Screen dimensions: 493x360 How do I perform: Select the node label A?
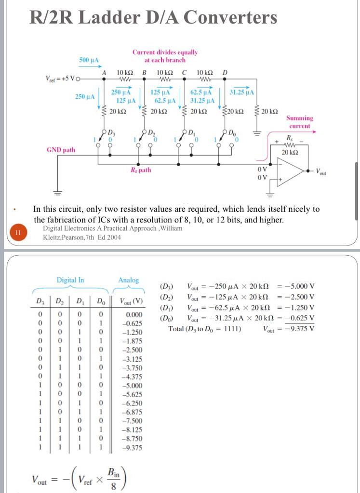pos(104,72)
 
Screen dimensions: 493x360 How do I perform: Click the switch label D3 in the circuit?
pos(111,132)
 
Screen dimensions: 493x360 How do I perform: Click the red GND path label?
pos(61,150)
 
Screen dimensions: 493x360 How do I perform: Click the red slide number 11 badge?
pos(17,233)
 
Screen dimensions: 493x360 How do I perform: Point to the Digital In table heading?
pos(70,280)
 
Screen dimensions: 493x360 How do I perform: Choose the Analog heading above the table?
pos(128,280)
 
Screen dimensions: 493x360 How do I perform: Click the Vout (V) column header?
pos(131,302)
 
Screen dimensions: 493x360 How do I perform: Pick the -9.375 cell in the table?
pos(133,447)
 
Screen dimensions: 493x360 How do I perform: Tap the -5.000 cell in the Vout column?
pos(133,385)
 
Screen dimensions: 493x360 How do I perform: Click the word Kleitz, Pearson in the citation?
pos(64,237)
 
